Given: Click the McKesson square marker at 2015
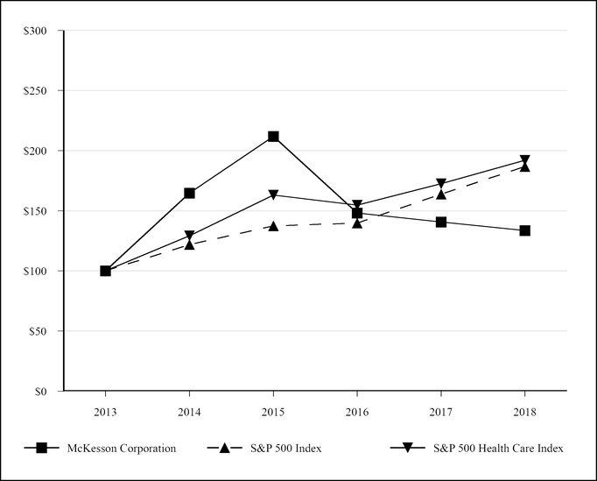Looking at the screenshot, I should tap(273, 137).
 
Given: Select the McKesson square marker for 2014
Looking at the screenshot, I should tap(189, 193).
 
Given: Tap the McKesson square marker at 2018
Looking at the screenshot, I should tap(524, 230).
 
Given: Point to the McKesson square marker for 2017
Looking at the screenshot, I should tap(441, 222).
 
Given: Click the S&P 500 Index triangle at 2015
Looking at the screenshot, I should tap(273, 226).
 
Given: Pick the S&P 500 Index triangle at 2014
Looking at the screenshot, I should tap(189, 244).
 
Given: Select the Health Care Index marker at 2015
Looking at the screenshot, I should tap(273, 195).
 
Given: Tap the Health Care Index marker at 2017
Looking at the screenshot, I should tap(441, 184).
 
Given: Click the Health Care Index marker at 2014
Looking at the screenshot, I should tap(189, 236).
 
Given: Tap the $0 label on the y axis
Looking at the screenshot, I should tap(51, 392).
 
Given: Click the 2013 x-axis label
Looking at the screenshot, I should tap(105, 409).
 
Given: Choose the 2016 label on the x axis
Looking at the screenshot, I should tap(357, 409).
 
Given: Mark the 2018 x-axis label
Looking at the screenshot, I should tap(524, 409).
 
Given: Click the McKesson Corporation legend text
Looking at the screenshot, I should tap(122, 449).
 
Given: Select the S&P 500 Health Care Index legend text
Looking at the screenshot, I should tap(497, 449).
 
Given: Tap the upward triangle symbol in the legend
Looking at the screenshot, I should tap(225, 449).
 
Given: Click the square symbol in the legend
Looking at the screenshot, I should tap(41, 449).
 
